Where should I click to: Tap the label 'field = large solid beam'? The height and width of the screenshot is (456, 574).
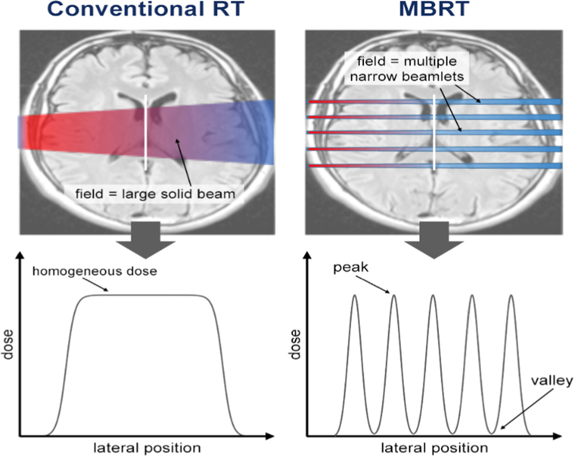click(x=155, y=194)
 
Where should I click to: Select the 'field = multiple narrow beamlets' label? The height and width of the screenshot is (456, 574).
click(x=407, y=68)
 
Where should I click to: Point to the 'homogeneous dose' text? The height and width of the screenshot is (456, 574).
click(x=95, y=271)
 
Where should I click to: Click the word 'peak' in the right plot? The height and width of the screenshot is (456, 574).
click(x=351, y=268)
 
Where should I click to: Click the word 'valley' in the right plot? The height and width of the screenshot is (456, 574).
click(x=552, y=380)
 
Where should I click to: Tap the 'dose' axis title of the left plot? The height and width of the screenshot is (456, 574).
click(x=8, y=345)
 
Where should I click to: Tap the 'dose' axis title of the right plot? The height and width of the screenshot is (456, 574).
click(x=295, y=345)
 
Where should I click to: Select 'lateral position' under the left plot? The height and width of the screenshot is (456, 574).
click(x=147, y=448)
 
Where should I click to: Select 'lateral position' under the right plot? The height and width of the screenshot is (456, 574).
click(x=434, y=448)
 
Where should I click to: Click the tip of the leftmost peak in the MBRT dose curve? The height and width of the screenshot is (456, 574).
click(x=354, y=296)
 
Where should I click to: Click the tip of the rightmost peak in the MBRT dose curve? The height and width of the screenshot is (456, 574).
click(x=511, y=296)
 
